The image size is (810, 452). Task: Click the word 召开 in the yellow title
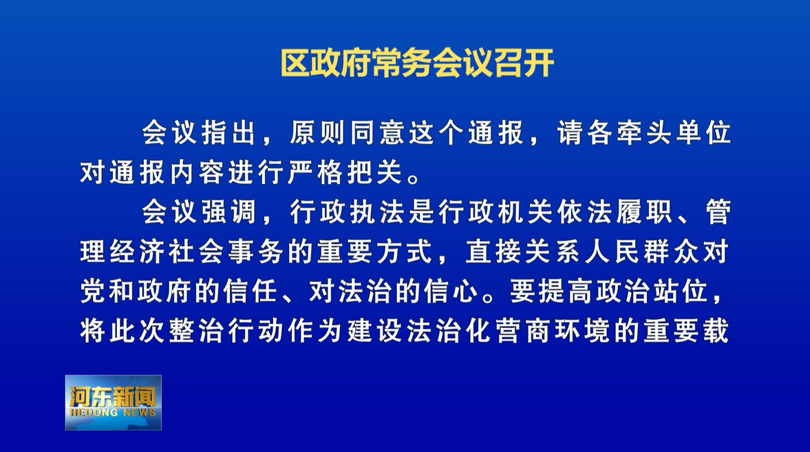(x=525, y=63)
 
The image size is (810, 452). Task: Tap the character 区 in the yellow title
(x=295, y=63)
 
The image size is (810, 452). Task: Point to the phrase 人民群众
(x=642, y=252)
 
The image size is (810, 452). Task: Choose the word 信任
(x=251, y=291)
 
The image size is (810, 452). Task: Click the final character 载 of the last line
(x=716, y=331)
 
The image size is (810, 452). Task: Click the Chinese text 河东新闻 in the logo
(x=113, y=397)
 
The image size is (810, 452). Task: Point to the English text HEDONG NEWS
(x=113, y=413)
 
